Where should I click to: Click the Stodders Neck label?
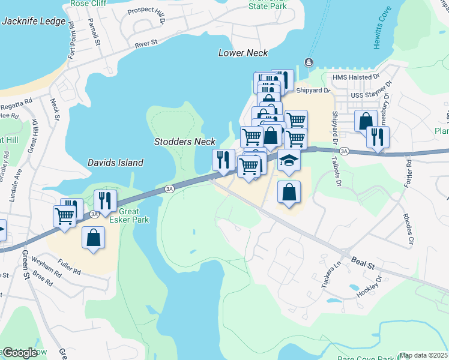tap(184, 142)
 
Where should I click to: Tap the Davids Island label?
tap(115, 163)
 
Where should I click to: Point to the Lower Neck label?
tap(243, 53)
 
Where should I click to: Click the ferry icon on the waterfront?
tap(309, 62)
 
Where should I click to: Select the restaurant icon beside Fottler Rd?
tap(378, 137)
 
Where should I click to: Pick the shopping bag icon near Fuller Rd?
tap(94, 237)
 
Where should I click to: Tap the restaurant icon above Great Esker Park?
tap(105, 200)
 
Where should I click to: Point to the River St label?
tap(145, 44)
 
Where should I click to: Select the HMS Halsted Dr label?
tap(352, 77)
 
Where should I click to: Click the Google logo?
tap(19, 352)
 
